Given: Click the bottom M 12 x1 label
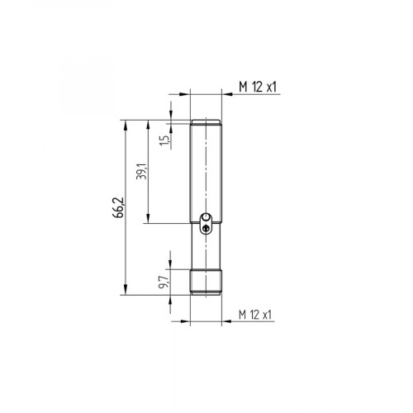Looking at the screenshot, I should click(x=256, y=315).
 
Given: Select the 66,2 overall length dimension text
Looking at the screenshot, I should click(x=121, y=207).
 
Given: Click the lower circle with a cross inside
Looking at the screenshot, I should click(x=206, y=230).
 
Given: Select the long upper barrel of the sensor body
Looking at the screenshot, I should click(x=206, y=169).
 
